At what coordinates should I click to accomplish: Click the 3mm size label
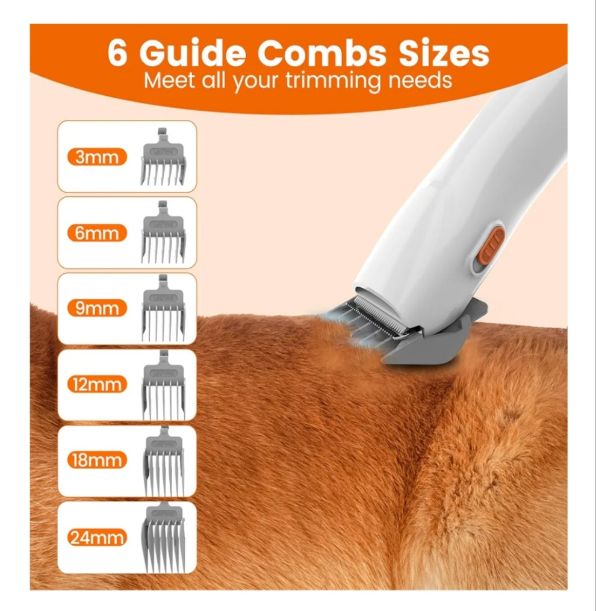(x=97, y=157)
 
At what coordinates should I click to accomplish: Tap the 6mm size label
(x=97, y=233)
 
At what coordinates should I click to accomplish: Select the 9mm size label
(x=97, y=308)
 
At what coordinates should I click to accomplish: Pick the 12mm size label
(x=97, y=384)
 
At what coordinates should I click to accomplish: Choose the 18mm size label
(x=97, y=460)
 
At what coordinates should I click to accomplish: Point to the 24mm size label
(x=97, y=538)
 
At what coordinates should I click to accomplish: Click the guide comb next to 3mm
(x=163, y=157)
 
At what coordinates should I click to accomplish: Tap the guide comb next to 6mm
(x=163, y=232)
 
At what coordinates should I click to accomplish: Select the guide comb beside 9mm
(x=163, y=308)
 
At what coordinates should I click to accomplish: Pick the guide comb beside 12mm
(x=163, y=385)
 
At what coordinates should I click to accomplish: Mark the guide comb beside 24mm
(x=164, y=538)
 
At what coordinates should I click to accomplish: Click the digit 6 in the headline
(x=117, y=52)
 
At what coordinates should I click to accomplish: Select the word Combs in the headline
(x=321, y=52)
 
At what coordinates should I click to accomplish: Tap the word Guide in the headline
(x=193, y=52)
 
